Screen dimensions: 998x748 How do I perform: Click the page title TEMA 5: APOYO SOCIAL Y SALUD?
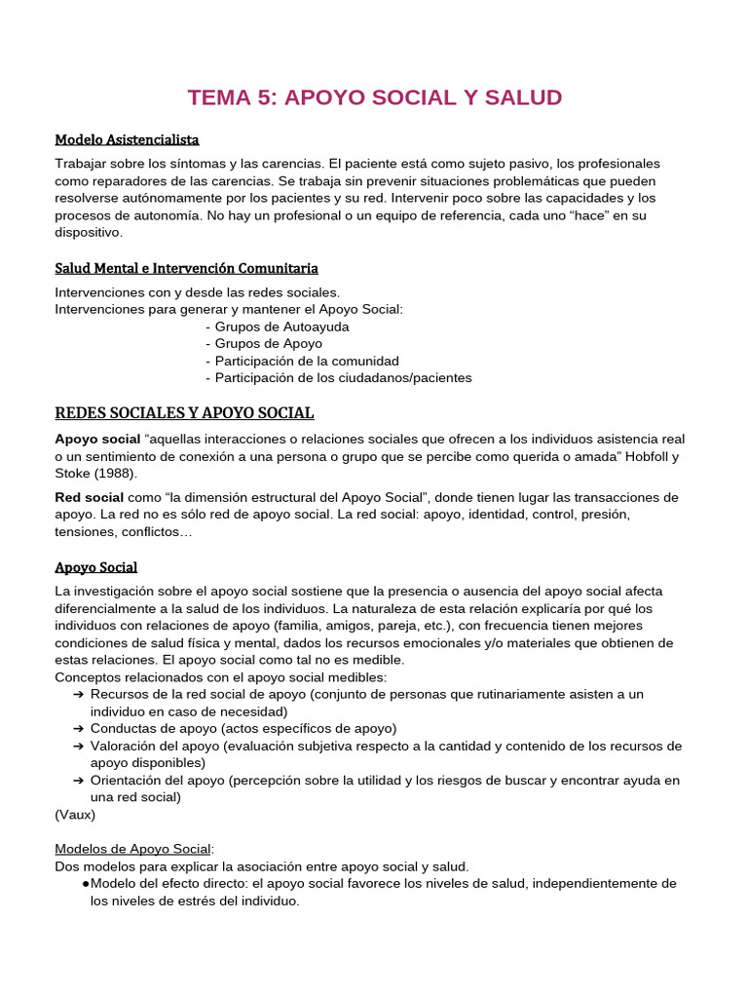tap(374, 97)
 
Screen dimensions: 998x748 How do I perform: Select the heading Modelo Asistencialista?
tap(127, 139)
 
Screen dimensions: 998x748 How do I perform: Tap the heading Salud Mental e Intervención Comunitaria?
tap(186, 268)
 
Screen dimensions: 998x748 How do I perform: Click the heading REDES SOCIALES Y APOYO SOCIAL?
tap(184, 413)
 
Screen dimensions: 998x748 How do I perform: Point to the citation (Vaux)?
tap(75, 815)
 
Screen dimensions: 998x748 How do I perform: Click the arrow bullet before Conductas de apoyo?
tap(78, 729)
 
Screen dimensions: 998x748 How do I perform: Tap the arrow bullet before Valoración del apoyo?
tap(78, 747)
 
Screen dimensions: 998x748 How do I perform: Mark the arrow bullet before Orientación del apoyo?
tap(78, 781)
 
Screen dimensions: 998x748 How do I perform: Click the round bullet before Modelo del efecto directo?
tap(86, 884)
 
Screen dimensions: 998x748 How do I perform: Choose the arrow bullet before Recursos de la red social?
tap(78, 695)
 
